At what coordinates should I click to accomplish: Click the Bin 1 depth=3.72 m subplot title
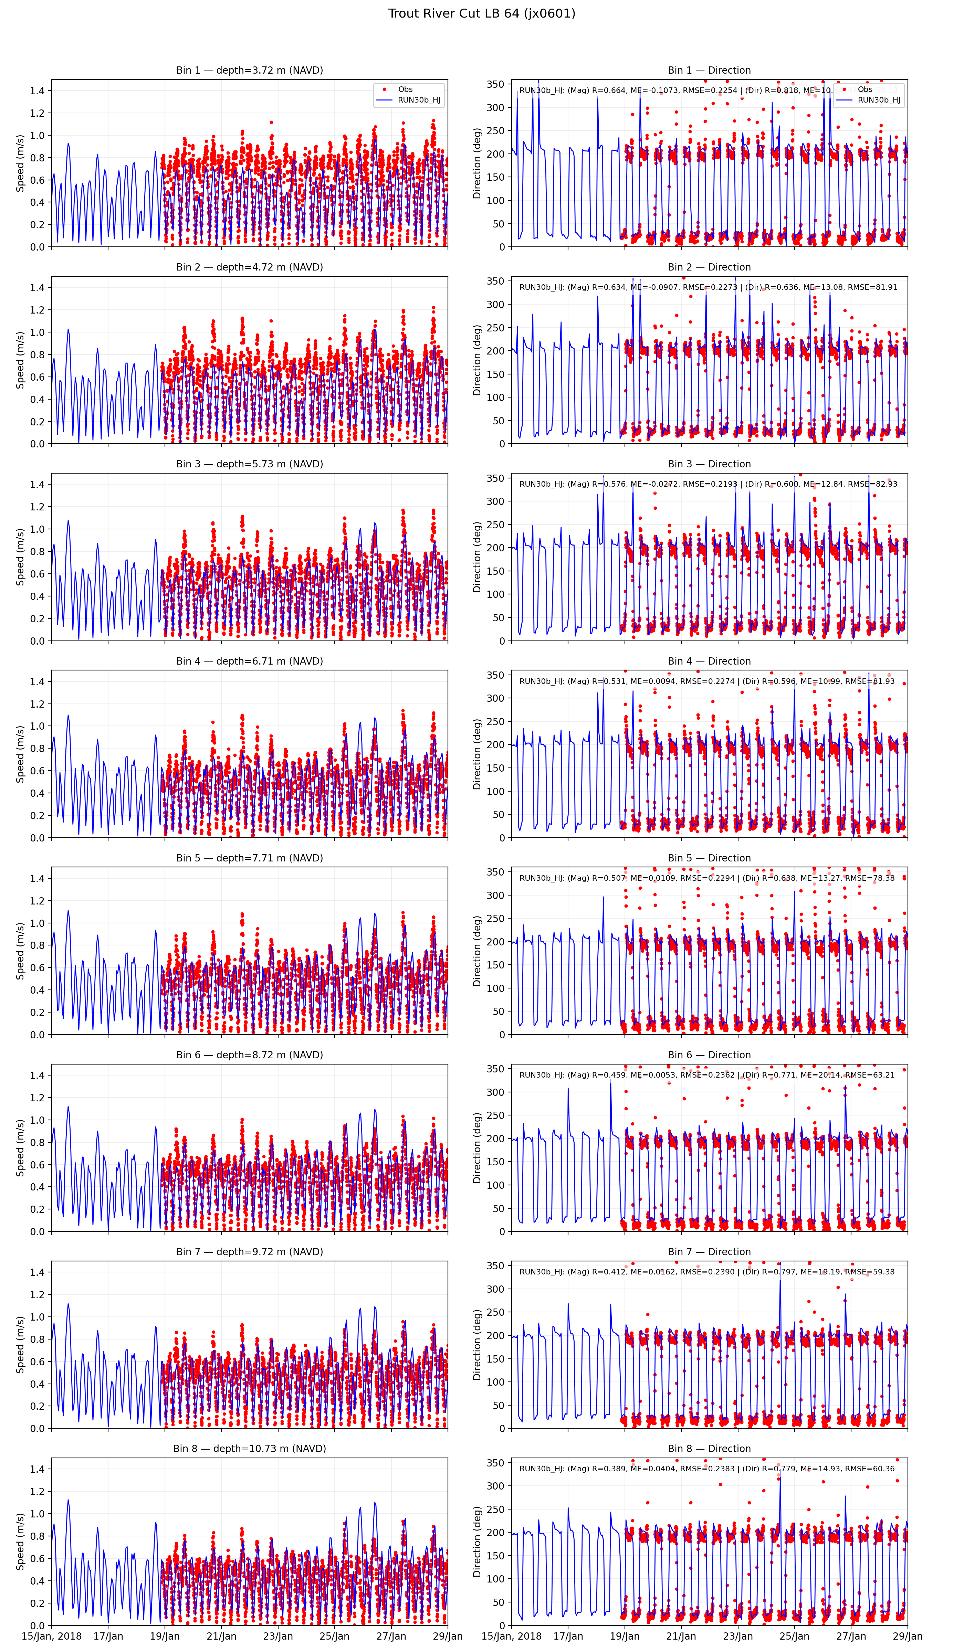249,70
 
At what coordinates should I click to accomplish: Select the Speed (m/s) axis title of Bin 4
20,754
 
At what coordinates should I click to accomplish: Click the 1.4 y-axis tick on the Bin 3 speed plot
37,485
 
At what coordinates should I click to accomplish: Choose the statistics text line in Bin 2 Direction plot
708,287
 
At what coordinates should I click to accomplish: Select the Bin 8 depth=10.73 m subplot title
249,1449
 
